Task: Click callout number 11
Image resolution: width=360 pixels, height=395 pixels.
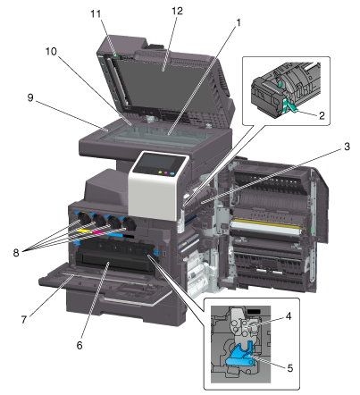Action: click(x=96, y=13)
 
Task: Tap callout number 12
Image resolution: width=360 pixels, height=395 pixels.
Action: click(x=177, y=11)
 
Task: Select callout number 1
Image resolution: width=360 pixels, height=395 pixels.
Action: click(x=238, y=22)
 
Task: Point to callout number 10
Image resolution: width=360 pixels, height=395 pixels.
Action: click(x=51, y=51)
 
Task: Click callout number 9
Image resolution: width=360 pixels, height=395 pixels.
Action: click(x=30, y=97)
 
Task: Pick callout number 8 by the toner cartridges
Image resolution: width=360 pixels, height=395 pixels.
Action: click(x=16, y=253)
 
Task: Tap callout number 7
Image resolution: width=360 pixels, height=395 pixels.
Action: click(x=24, y=320)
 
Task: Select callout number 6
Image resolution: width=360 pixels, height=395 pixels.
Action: click(x=80, y=345)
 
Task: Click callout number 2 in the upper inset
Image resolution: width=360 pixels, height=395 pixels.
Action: click(x=322, y=115)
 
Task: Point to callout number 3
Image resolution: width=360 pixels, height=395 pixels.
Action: click(x=347, y=147)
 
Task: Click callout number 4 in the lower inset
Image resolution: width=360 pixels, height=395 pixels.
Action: click(x=289, y=316)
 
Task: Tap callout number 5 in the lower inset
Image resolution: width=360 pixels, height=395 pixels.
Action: click(x=290, y=368)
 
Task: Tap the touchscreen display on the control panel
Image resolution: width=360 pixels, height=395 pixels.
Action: click(x=157, y=163)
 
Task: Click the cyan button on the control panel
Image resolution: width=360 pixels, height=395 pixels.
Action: click(x=172, y=173)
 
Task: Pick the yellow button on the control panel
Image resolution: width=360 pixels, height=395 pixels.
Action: click(x=160, y=172)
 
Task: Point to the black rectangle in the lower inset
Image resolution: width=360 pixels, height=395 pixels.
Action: click(x=254, y=312)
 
